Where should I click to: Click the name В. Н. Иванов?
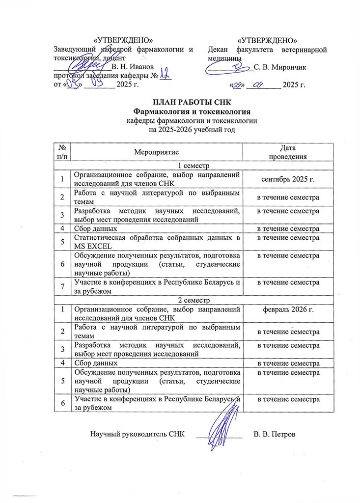click(x=134, y=66)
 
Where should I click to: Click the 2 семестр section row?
click(x=179, y=299)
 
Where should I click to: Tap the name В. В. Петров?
click(x=275, y=434)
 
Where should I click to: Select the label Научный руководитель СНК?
click(x=138, y=434)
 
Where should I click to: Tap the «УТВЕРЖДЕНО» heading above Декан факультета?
click(x=267, y=40)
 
